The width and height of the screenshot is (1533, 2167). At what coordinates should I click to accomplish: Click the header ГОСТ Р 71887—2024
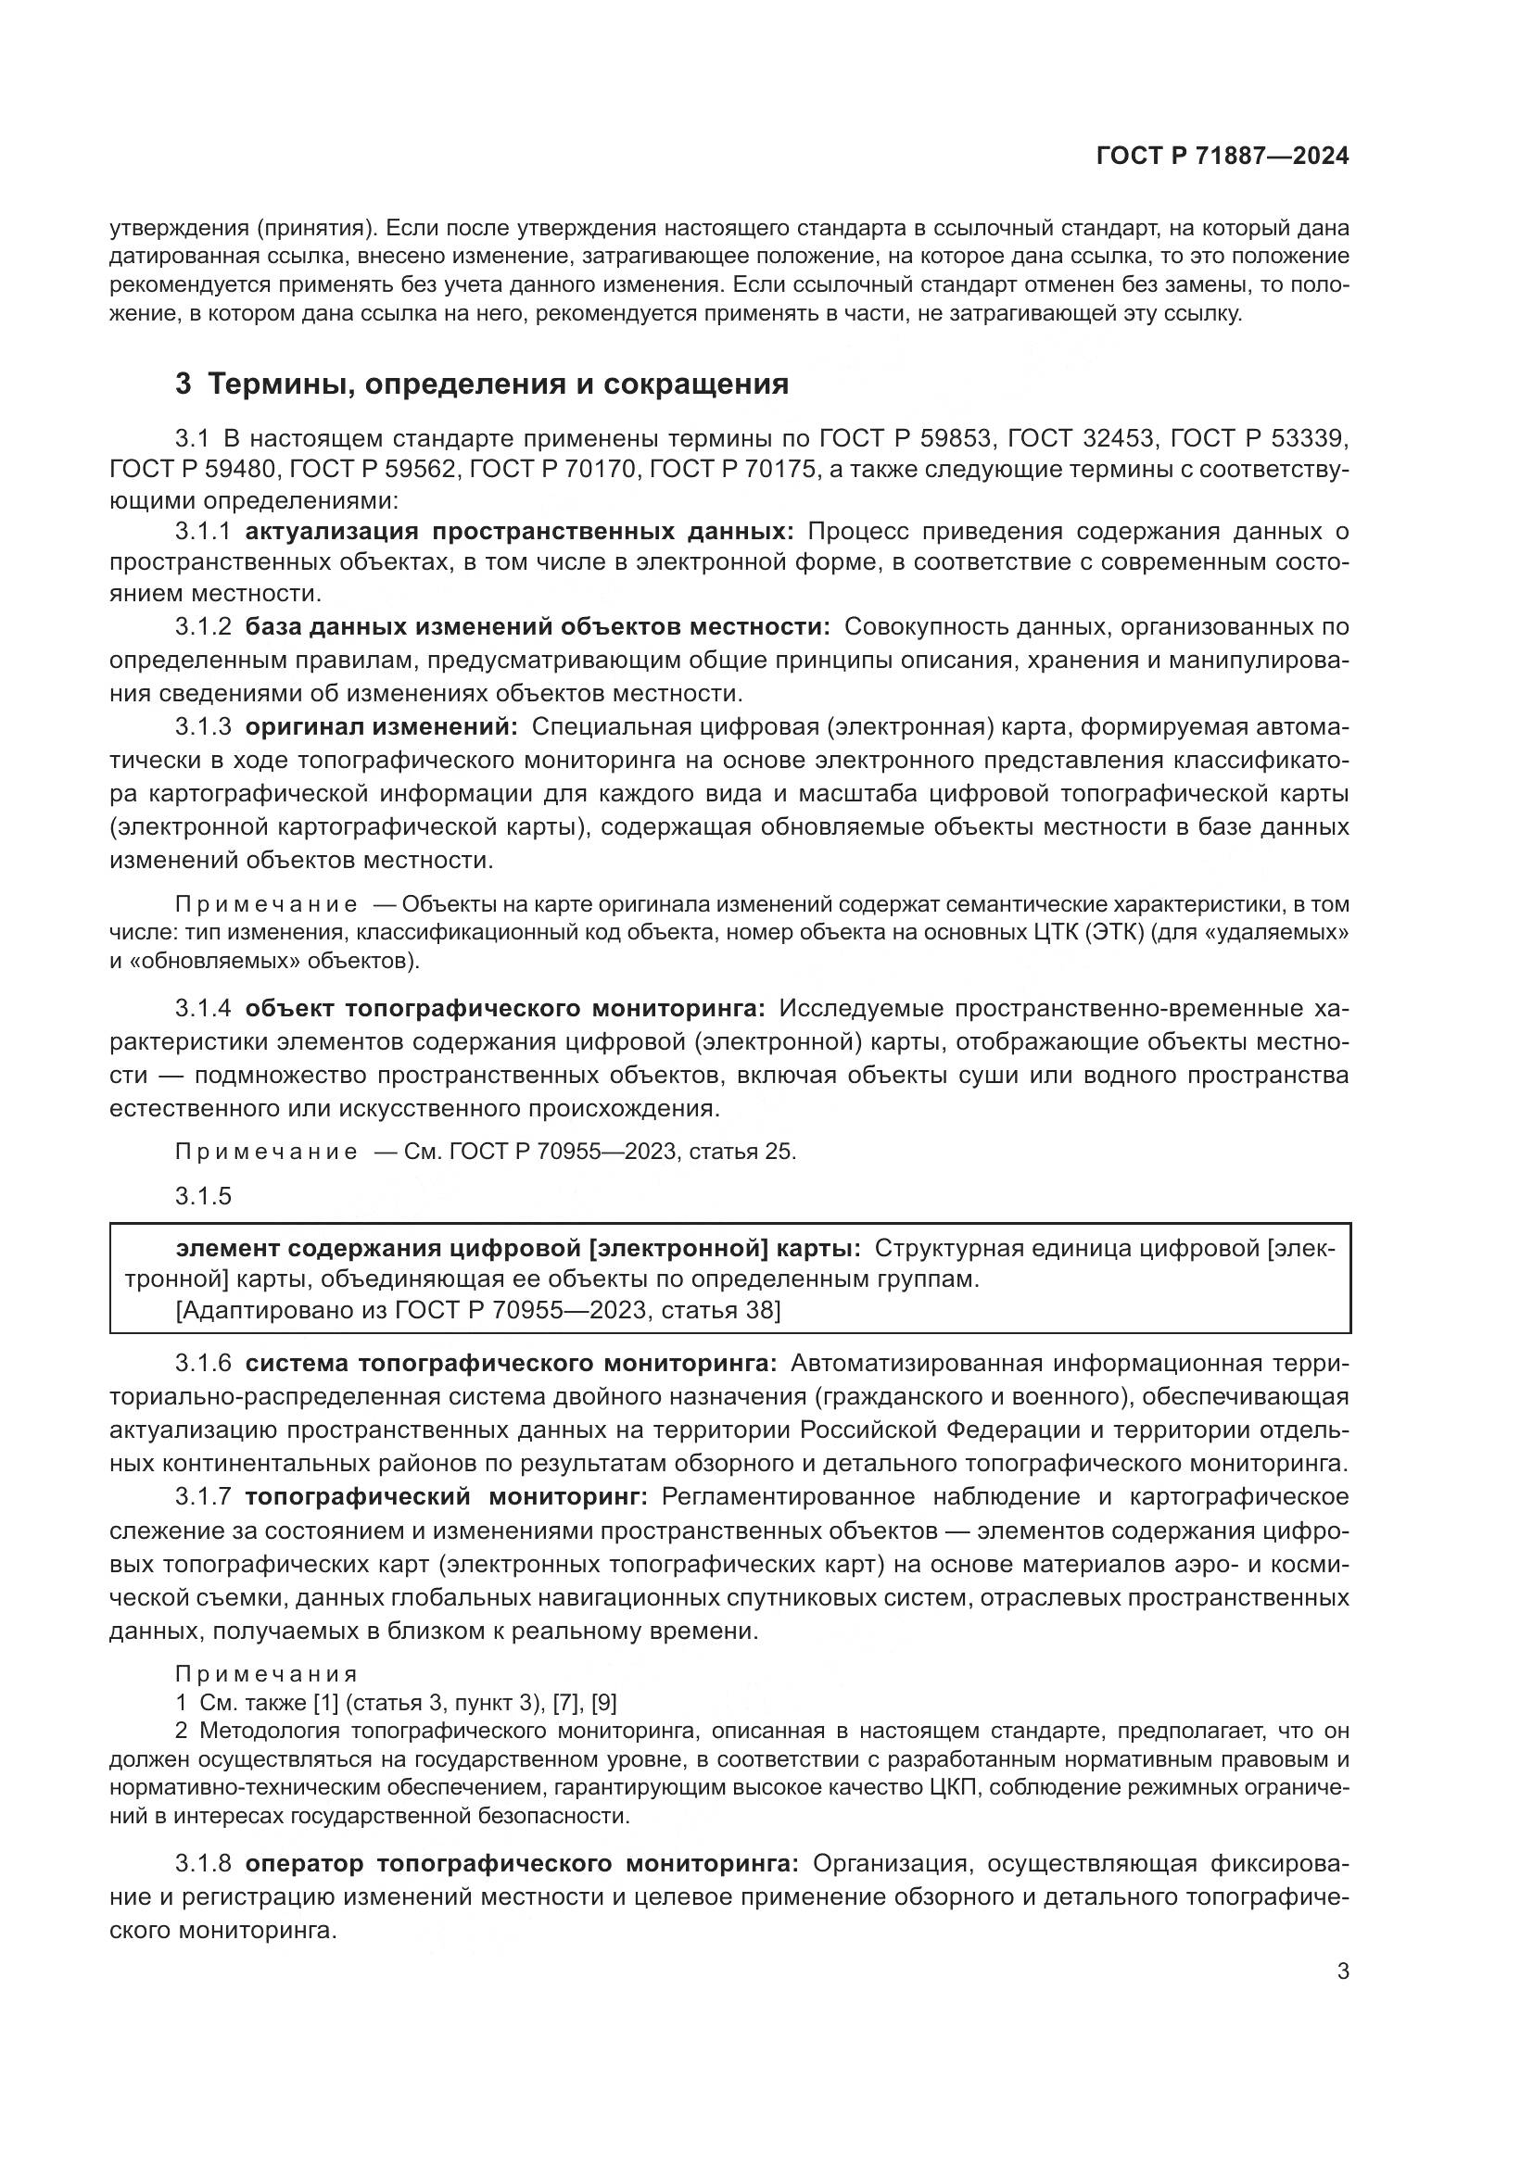(1223, 157)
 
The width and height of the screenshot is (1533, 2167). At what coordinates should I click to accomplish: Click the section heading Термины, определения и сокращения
(498, 384)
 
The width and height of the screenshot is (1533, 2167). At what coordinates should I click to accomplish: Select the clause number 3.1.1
(202, 532)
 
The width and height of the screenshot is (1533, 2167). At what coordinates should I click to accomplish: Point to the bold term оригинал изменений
(381, 726)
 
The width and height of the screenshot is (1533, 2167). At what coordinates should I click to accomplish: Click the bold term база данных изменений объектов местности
(538, 626)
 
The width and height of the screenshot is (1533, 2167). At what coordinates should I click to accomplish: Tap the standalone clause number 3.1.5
(202, 1197)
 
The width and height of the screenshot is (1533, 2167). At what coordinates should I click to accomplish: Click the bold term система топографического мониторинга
(511, 1363)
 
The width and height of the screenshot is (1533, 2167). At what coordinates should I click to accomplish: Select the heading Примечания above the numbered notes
(266, 1674)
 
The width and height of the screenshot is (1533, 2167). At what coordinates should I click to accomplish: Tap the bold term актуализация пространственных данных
(520, 532)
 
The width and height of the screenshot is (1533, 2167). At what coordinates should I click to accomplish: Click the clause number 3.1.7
(202, 1497)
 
